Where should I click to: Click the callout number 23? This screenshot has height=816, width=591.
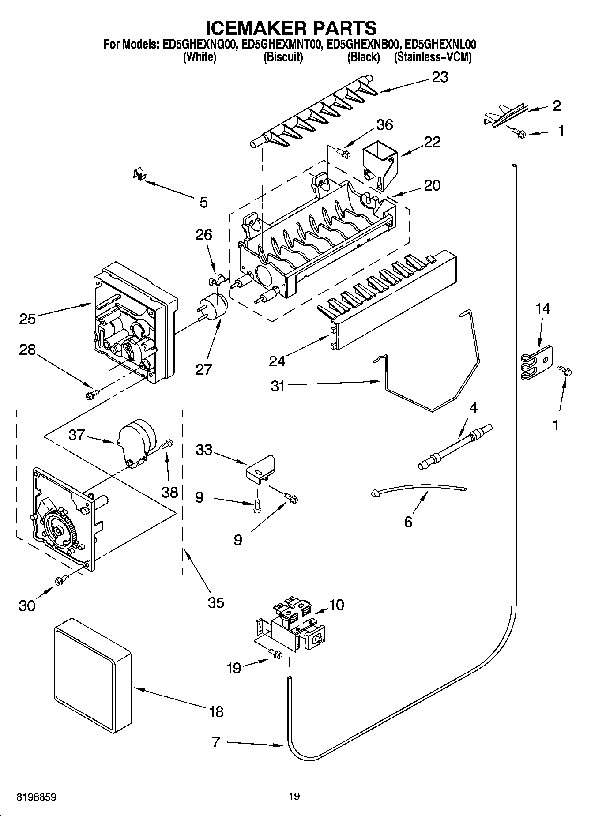tap(440, 77)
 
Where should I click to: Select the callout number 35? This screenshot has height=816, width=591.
tap(216, 602)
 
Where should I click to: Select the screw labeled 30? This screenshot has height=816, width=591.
tap(61, 580)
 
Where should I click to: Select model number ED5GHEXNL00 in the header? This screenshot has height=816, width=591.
tap(440, 44)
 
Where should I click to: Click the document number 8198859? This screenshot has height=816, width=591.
tap(36, 797)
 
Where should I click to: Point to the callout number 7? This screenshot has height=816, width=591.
tap(215, 742)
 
